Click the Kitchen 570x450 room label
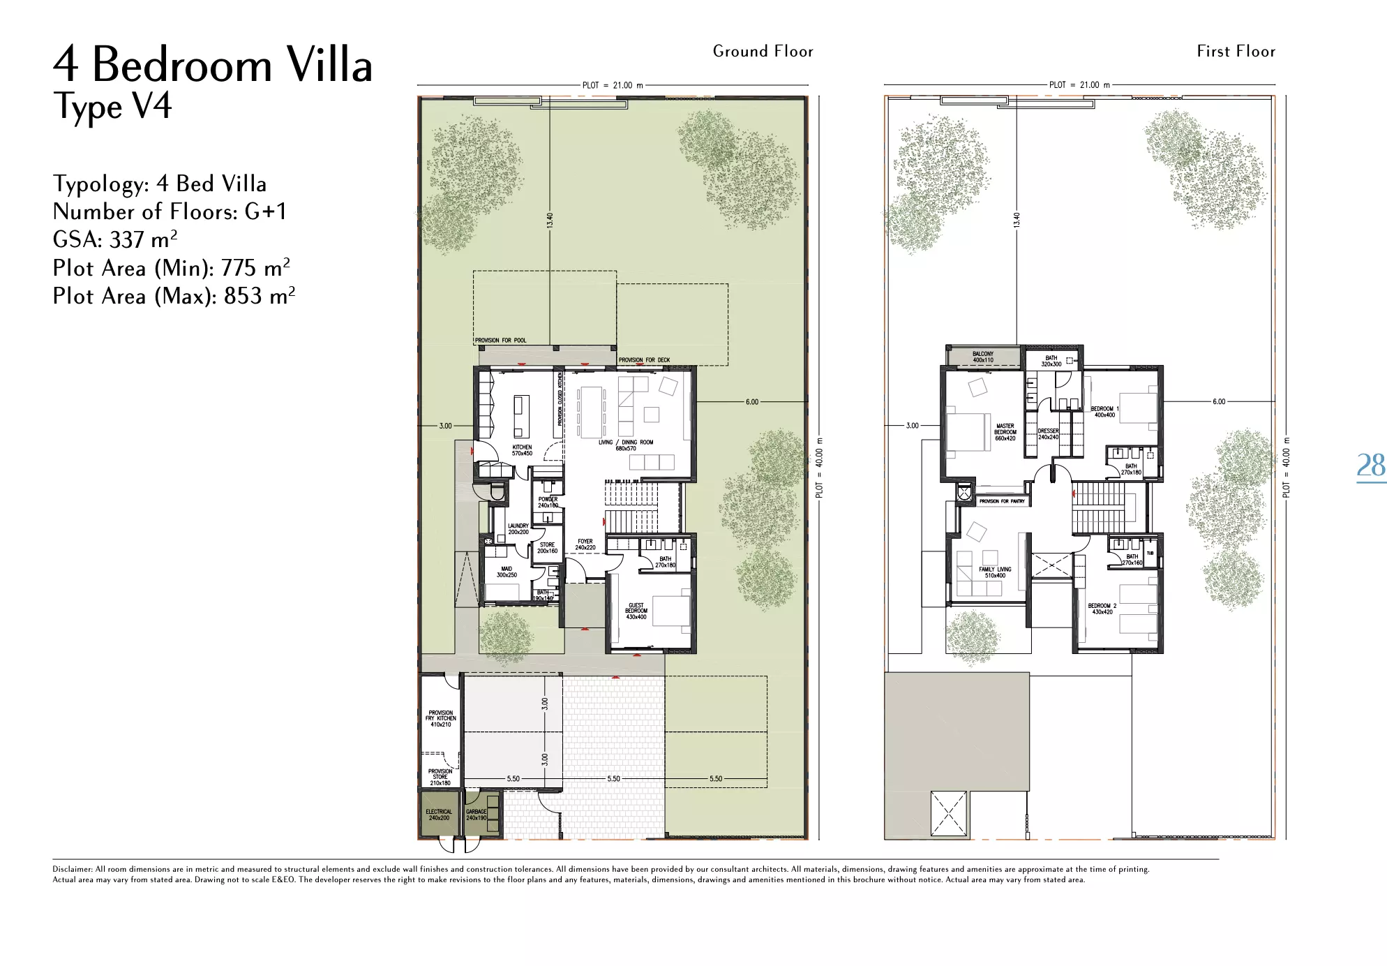[522, 450]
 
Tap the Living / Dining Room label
[626, 445]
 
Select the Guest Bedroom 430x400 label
[636, 611]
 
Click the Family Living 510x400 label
[995, 572]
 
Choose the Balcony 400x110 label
[982, 357]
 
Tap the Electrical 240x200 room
[439, 815]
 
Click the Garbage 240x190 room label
[477, 815]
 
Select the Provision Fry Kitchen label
[440, 718]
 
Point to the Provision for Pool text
[500, 341]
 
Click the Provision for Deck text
[644, 360]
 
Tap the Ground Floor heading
[763, 51]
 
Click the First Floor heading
[1236, 51]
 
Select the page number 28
[1370, 465]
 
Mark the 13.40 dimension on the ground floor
[550, 221]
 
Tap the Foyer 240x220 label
[585, 544]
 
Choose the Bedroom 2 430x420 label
[1102, 609]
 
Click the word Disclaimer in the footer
[72, 869]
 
